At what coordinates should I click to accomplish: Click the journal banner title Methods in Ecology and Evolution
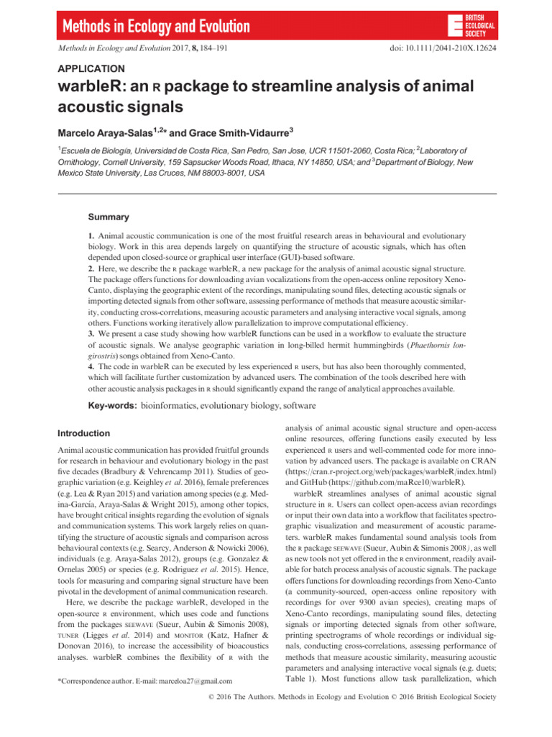[157, 28]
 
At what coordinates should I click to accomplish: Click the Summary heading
[109, 217]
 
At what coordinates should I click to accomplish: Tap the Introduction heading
[83, 433]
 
